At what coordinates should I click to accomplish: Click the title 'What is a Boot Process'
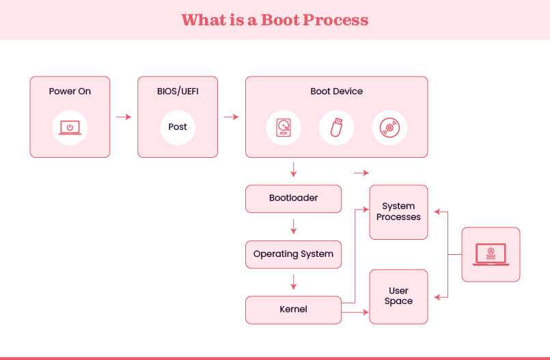(x=275, y=19)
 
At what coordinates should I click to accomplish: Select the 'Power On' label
(x=70, y=91)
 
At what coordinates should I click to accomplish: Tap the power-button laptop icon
(x=70, y=127)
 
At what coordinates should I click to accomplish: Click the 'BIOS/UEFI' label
(x=178, y=91)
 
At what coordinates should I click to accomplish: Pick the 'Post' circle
(x=178, y=127)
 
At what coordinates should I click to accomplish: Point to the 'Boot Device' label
(x=336, y=91)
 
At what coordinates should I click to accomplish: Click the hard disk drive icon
(x=283, y=128)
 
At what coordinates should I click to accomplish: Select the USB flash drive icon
(x=336, y=128)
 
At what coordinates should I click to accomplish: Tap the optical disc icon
(x=389, y=128)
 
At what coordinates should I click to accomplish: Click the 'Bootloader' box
(x=293, y=198)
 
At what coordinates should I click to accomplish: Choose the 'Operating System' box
(x=293, y=254)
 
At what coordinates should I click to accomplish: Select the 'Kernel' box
(x=293, y=309)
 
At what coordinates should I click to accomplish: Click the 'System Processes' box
(x=398, y=212)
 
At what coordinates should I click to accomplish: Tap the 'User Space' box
(x=398, y=296)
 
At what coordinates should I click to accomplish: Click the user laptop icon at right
(x=491, y=254)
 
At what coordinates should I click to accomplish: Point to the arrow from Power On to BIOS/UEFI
(x=124, y=117)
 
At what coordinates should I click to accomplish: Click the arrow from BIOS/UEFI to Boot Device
(x=231, y=117)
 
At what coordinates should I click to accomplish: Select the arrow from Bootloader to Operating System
(x=293, y=226)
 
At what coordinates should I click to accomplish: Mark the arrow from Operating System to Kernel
(x=293, y=281)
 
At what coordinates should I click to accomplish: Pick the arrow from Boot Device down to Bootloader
(x=293, y=170)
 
